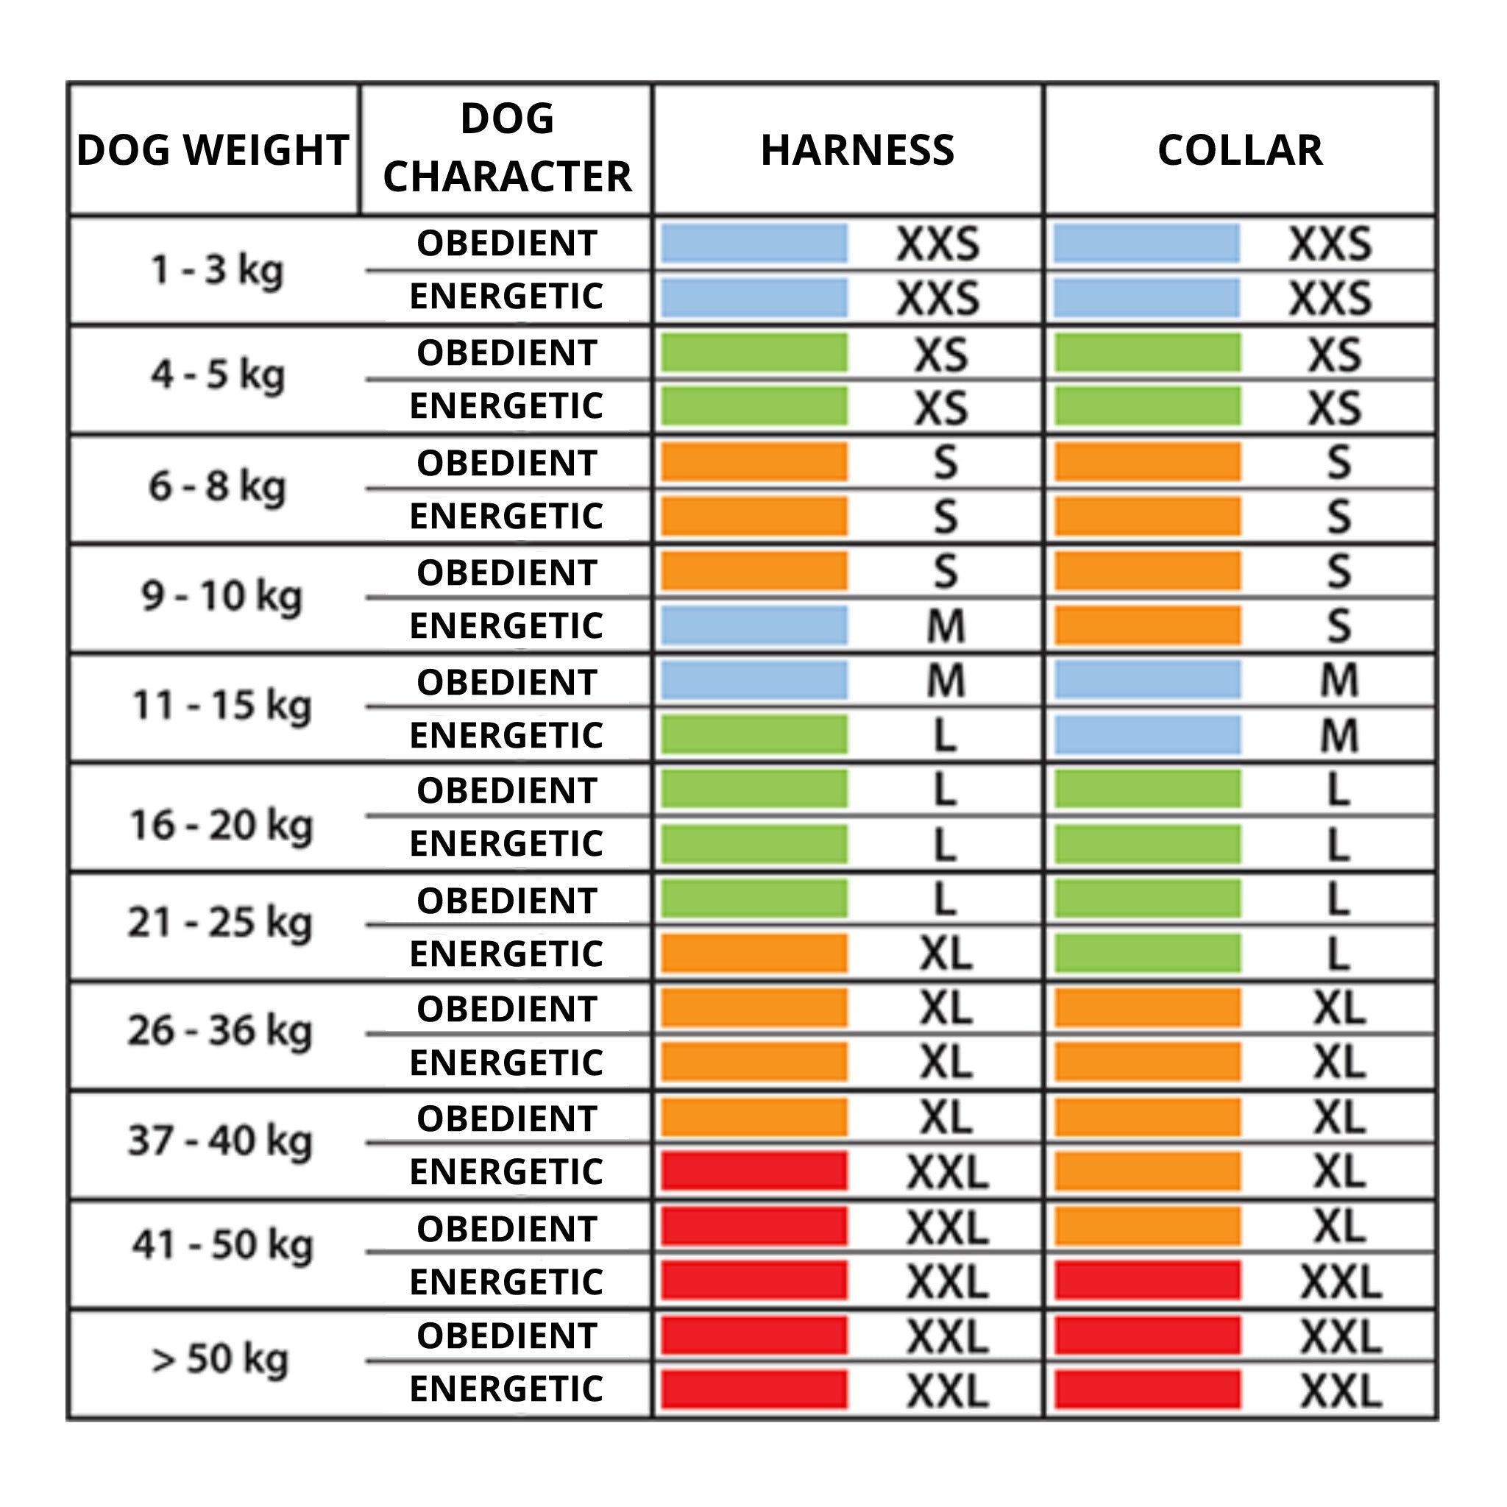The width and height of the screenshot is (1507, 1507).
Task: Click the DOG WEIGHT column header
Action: (212, 150)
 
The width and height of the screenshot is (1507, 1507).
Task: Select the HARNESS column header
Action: (857, 150)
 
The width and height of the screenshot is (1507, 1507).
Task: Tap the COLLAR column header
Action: (1239, 150)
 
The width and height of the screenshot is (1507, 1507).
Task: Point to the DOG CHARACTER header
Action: (507, 147)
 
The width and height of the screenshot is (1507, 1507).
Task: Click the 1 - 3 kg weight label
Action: (217, 270)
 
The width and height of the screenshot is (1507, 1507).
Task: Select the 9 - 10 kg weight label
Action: (221, 597)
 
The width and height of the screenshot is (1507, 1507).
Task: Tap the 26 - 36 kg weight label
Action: (220, 1030)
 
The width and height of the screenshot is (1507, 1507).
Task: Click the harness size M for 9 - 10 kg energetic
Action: (946, 625)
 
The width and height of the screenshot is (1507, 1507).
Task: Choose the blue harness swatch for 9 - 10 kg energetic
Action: (753, 625)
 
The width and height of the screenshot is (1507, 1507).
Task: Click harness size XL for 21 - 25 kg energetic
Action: (946, 953)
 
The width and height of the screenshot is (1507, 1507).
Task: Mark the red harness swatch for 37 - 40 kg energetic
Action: (753, 1171)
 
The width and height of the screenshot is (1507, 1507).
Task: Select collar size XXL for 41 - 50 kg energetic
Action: (1340, 1282)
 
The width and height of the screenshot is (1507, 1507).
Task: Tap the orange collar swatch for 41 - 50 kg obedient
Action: (1146, 1227)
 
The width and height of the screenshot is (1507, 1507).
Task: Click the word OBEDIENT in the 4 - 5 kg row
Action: (507, 353)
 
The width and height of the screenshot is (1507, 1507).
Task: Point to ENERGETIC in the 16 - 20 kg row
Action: (507, 844)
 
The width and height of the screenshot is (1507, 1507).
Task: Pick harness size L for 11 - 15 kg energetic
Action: (946, 735)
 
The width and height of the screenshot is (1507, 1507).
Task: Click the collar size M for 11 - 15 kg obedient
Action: (1338, 680)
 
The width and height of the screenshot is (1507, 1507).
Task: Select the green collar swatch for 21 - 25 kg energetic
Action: (1146, 953)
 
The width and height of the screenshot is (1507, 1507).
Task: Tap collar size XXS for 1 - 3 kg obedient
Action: (1330, 244)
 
